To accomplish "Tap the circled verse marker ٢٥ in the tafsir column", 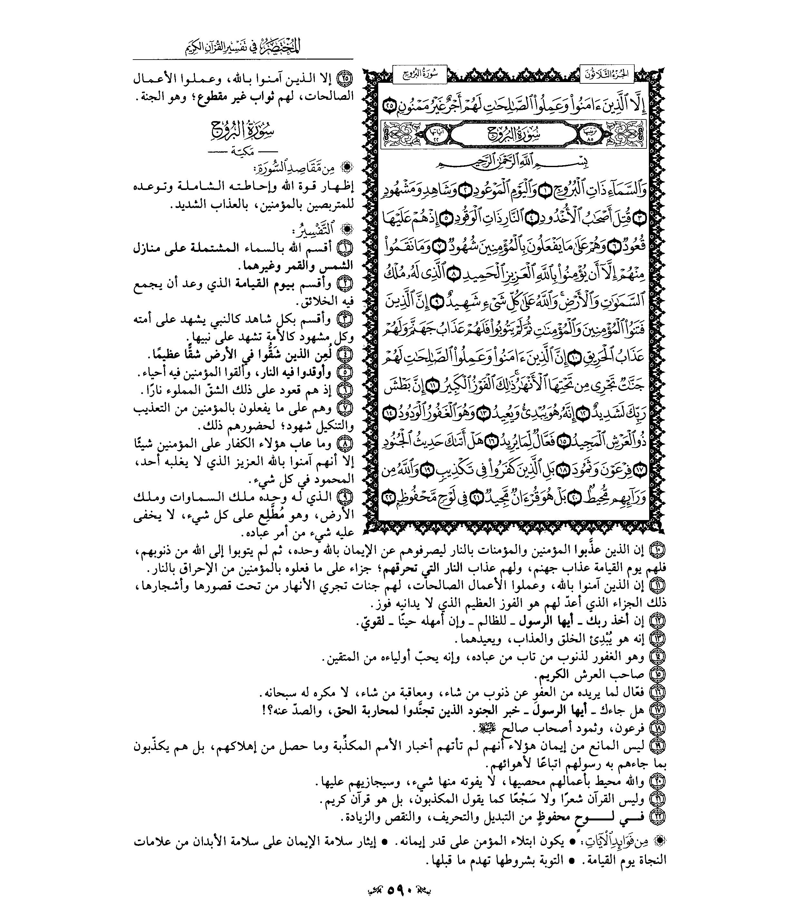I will [346, 80].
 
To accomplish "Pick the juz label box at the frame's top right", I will [607, 74].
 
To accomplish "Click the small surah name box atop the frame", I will [419, 74].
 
